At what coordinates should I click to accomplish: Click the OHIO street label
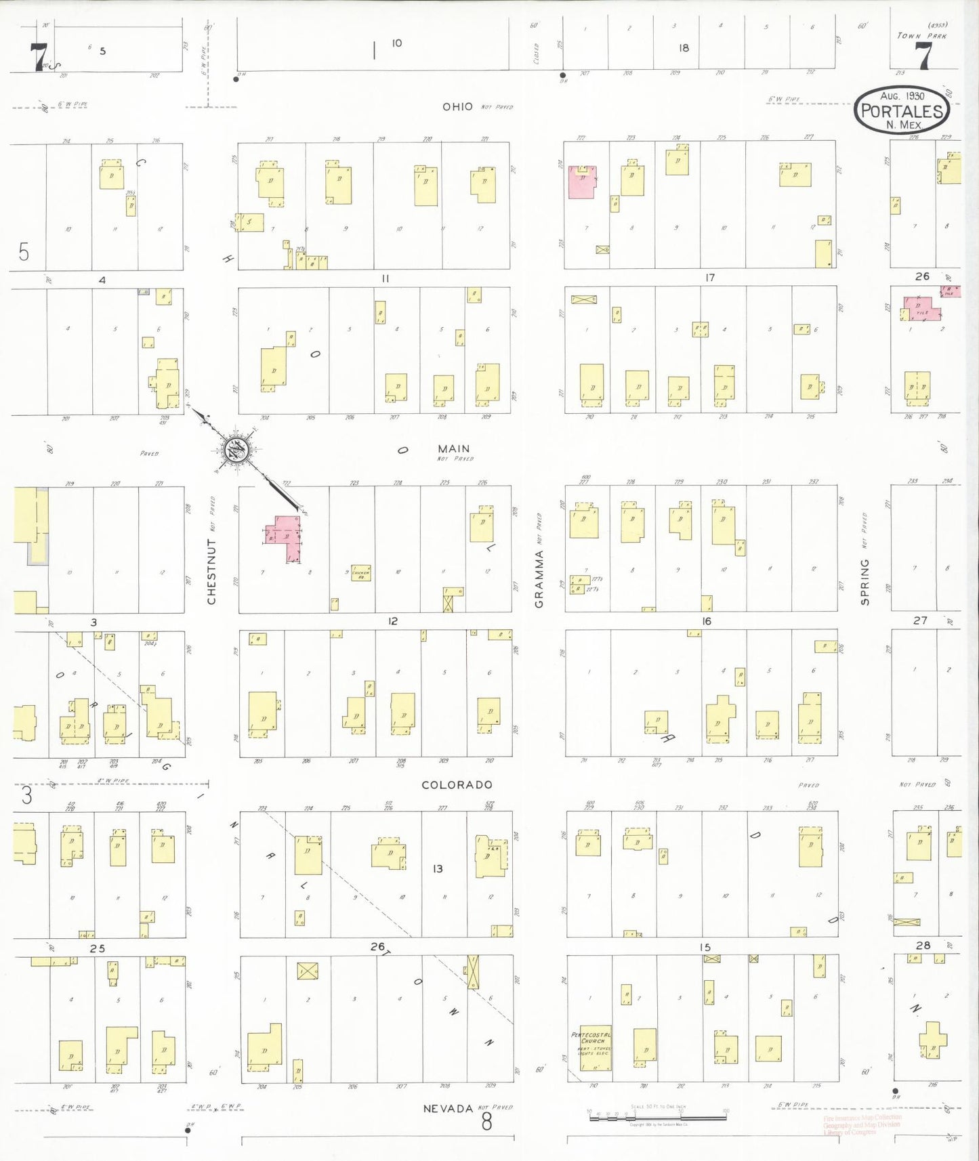click(x=457, y=107)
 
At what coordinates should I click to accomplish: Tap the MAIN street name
click(x=453, y=449)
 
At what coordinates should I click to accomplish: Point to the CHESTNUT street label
click(x=211, y=572)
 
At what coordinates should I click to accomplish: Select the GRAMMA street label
click(x=539, y=579)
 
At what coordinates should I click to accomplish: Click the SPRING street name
click(x=865, y=582)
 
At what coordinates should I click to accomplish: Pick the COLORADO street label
click(x=457, y=785)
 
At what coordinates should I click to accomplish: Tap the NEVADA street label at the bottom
click(x=447, y=1109)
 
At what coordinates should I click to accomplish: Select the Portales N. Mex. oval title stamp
click(x=902, y=110)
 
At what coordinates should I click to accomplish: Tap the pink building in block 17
click(x=581, y=182)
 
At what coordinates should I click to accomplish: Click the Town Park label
click(x=921, y=36)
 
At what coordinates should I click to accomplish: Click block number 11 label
click(x=385, y=278)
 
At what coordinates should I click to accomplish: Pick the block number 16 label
click(x=707, y=621)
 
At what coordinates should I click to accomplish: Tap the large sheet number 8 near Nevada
click(x=486, y=1122)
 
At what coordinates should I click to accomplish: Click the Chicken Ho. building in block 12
click(x=360, y=574)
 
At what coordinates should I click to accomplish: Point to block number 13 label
click(x=438, y=868)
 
